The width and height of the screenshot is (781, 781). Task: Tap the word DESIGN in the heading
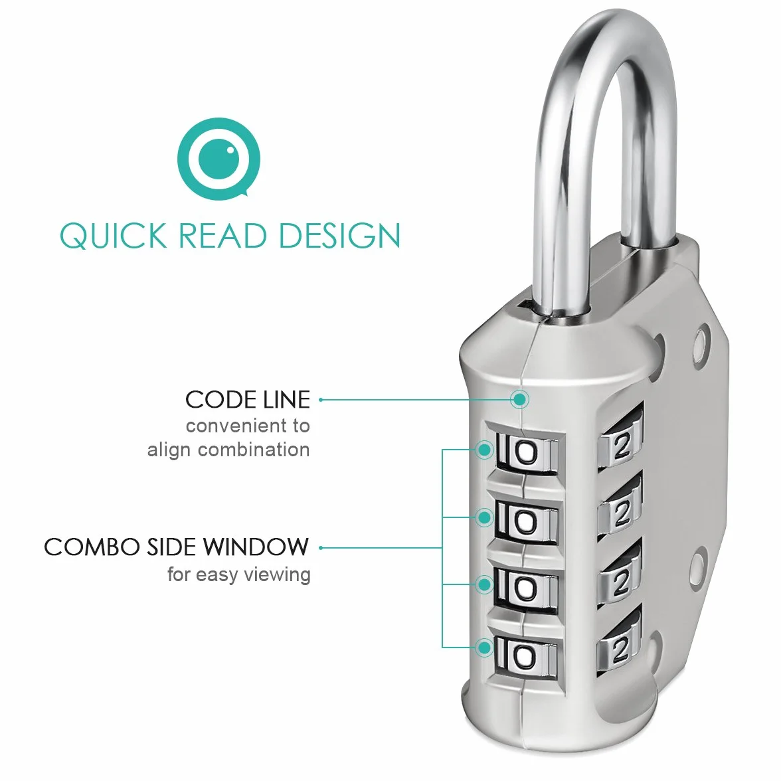point(340,236)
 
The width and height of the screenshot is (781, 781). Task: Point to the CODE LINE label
point(248,400)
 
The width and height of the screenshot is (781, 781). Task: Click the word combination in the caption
point(254,450)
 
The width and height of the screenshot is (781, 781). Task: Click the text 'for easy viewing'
point(239,574)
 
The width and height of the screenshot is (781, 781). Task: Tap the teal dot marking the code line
point(520,400)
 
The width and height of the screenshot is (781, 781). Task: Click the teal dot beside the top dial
point(484,450)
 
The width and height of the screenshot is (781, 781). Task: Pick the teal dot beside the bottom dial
point(484,648)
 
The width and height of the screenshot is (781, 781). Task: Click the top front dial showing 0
point(525,454)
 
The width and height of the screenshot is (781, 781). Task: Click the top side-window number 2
point(621,448)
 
